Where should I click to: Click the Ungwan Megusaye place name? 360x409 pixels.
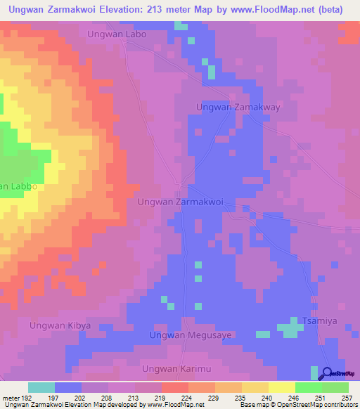(x=191, y=336)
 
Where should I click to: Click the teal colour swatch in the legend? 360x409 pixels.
(x=41, y=387)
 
